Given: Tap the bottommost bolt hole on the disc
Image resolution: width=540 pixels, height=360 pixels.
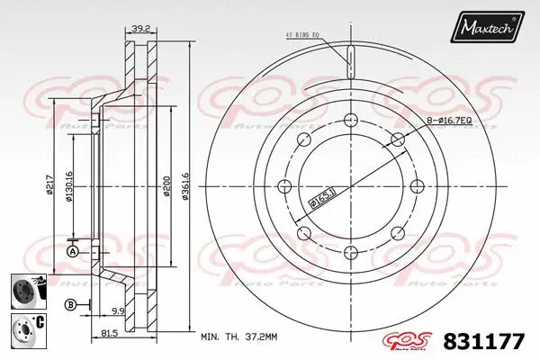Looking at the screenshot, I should (349, 252).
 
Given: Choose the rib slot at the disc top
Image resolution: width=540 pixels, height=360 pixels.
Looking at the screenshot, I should (349, 62).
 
